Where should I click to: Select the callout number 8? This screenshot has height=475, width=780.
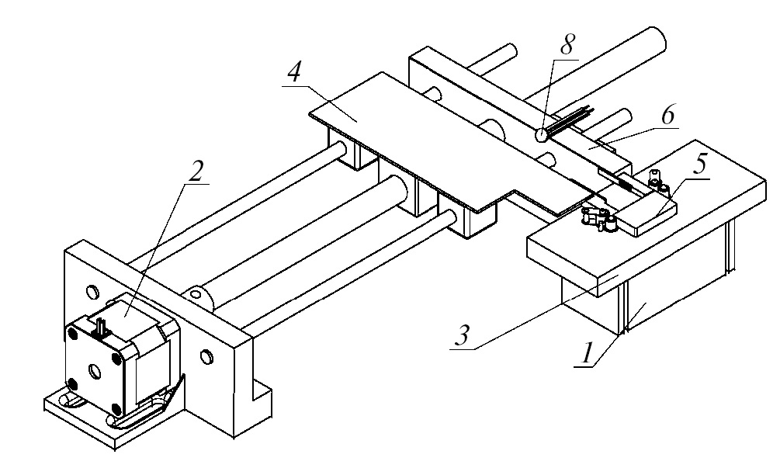tap(569, 45)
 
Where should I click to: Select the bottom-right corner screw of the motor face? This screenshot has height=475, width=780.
tap(116, 407)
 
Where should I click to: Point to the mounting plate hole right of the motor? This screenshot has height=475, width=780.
tap(206, 356)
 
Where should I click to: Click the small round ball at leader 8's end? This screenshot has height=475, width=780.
tap(541, 135)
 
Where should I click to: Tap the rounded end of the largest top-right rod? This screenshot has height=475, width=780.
tap(656, 36)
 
